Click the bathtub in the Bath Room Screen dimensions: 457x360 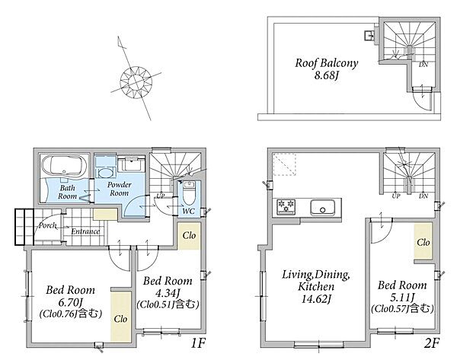[x=65, y=165]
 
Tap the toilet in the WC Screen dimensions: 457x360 [x=189, y=193]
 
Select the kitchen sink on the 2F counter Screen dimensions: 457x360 [x=322, y=207]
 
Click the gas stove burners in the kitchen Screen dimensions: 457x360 [x=286, y=206]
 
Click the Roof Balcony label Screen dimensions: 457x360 [x=327, y=63]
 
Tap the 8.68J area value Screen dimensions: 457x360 [x=327, y=75]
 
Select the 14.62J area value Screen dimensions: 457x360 [x=315, y=299]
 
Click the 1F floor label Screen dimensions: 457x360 [x=198, y=343]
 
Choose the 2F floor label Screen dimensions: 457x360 [x=431, y=343]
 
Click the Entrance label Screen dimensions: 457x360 [x=85, y=231]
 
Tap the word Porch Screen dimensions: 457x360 [x=47, y=225]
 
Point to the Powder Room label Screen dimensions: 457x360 [x=120, y=189]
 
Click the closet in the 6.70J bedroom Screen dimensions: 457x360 [x=120, y=317]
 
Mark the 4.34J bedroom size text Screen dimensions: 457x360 [x=168, y=292]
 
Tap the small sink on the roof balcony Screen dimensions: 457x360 [x=369, y=36]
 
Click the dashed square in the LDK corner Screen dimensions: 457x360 [x=285, y=164]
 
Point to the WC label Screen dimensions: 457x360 [x=189, y=211]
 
